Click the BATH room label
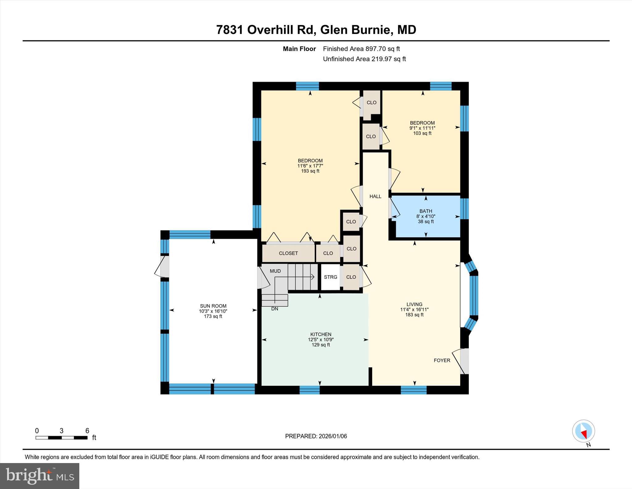(x=426, y=211)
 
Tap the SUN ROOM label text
(x=213, y=306)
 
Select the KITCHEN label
(x=321, y=334)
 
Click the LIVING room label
(x=414, y=304)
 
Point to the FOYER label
(x=442, y=360)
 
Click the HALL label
(x=375, y=196)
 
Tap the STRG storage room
(x=330, y=277)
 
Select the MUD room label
(x=275, y=271)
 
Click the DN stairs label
(x=274, y=309)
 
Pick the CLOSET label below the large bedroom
(x=288, y=253)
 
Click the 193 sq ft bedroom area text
(x=310, y=171)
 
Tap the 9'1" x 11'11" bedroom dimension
(x=422, y=128)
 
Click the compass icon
(x=583, y=431)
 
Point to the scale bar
(x=61, y=437)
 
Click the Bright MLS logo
(x=39, y=476)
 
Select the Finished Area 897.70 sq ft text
(x=361, y=49)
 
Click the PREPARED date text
(x=316, y=436)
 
